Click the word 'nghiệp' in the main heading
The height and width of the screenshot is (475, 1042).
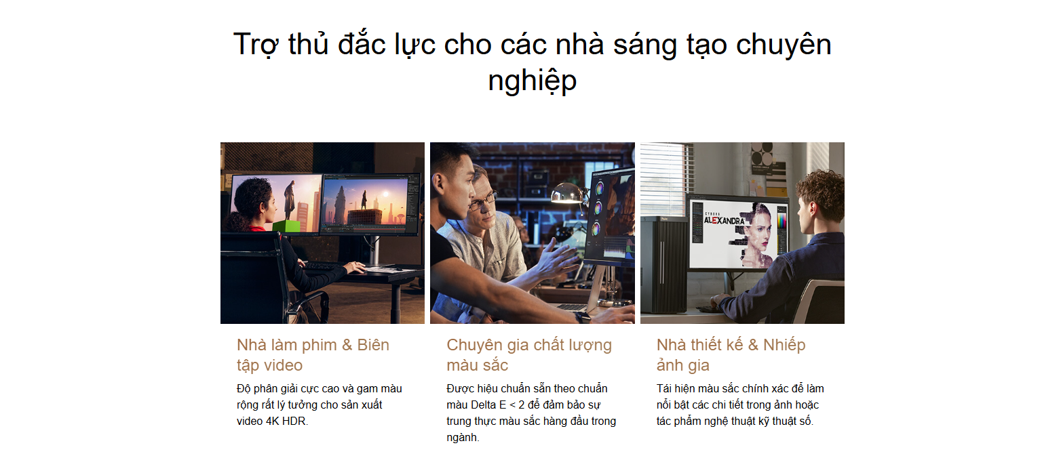click(532, 81)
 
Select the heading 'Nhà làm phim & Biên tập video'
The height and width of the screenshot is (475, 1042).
click(313, 355)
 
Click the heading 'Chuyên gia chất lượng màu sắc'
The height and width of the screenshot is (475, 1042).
click(529, 355)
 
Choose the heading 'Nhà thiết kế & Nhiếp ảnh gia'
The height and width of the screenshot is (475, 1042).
click(731, 355)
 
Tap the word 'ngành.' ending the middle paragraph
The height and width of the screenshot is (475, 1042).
click(463, 438)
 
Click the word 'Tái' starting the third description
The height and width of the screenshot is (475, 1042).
click(664, 388)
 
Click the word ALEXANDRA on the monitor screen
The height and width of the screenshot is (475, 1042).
click(724, 220)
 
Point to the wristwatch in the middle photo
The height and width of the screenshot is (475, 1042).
click(582, 318)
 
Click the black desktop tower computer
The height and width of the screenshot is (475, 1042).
click(664, 264)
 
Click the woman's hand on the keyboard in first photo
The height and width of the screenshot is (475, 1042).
click(356, 267)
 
